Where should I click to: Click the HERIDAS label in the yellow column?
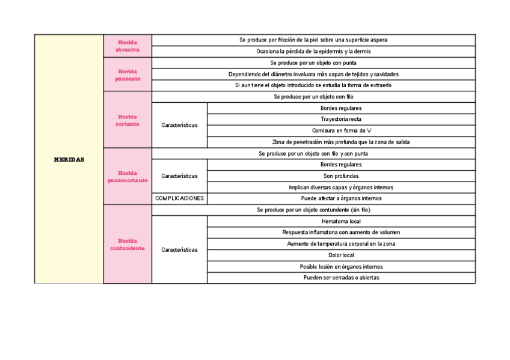(69, 160)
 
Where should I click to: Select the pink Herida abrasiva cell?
(127, 46)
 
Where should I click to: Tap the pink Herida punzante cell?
(127, 75)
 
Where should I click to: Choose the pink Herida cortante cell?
(127, 120)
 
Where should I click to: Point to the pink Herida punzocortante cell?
(127, 176)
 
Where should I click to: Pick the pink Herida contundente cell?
(127, 244)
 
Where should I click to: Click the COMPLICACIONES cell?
(179, 198)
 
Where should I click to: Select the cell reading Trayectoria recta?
(340, 119)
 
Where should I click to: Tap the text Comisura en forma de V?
(340, 130)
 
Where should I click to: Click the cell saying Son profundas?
(340, 176)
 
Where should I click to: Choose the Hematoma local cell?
(340, 221)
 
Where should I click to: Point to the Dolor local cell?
(340, 255)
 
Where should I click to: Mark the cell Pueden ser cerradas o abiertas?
(340, 278)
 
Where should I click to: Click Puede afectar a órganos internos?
(340, 198)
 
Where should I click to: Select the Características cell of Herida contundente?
(179, 249)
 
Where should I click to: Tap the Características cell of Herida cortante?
(179, 125)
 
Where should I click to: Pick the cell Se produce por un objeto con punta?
(313, 63)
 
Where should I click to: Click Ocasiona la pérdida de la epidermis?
(313, 52)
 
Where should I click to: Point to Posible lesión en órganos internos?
(340, 267)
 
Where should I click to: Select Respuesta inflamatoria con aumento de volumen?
(340, 233)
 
